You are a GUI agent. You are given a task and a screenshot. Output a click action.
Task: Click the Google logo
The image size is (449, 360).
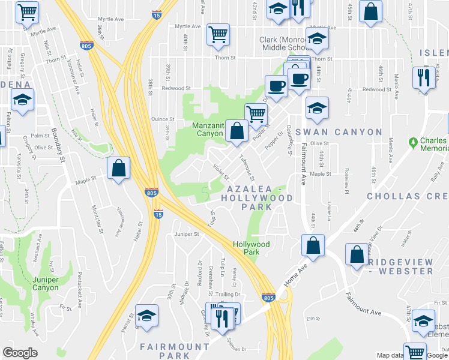(20, 353)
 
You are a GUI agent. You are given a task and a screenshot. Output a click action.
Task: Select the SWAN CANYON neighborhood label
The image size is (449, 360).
(343, 132)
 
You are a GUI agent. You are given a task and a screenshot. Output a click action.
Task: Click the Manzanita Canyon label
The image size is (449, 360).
(207, 129)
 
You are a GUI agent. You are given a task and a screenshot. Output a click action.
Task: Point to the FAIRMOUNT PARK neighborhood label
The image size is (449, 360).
(175, 352)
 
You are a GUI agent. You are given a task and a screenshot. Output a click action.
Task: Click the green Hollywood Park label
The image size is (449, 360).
(251, 248)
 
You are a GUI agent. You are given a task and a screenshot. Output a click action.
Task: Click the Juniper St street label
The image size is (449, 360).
(186, 234)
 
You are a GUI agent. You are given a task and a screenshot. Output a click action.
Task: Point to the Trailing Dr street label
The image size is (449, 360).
(228, 294)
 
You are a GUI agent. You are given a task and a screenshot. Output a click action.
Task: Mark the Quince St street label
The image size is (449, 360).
(163, 119)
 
